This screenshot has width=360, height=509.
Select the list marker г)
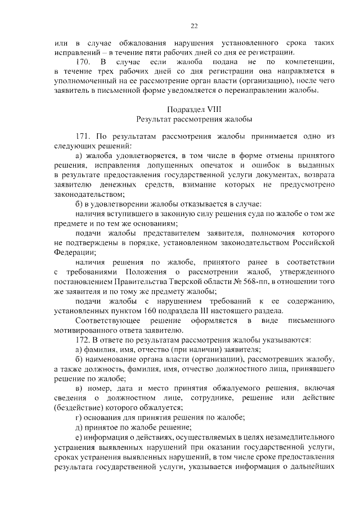coord(79,417)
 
